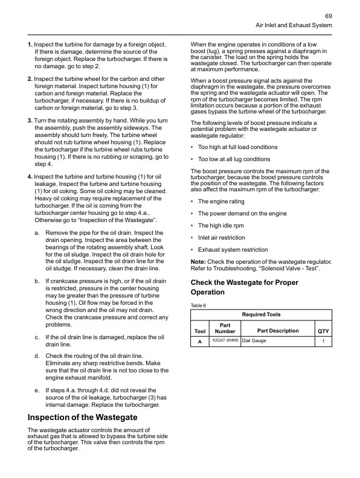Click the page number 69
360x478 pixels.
coord(328,16)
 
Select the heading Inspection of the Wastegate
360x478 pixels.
coord(83,417)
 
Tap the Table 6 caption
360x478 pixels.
coord(198,305)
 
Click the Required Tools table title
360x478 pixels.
coord(261,314)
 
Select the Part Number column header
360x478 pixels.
coord(225,328)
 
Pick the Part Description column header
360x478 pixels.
coord(277,331)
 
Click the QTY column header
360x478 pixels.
coord(323,331)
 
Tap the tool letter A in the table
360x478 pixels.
coord(200,342)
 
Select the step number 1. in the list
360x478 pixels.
coord(30,45)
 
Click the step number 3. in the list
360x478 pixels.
coord(30,121)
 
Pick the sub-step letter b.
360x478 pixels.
coord(37,281)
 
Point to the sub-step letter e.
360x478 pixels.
coord(37,390)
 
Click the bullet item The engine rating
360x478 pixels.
coord(221,202)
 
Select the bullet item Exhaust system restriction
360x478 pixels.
coord(233,250)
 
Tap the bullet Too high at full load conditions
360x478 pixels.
coord(237,147)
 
